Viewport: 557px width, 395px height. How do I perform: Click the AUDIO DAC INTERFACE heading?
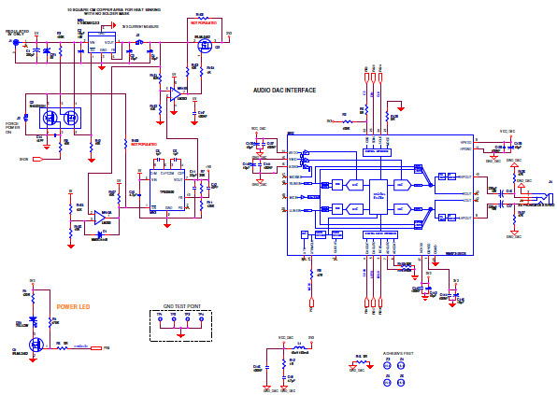click(284, 91)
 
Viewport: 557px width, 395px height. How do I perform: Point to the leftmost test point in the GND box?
click(161, 319)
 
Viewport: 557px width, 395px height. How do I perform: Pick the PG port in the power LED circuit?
click(106, 347)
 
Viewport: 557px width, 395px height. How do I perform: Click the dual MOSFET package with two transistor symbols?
click(61, 118)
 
